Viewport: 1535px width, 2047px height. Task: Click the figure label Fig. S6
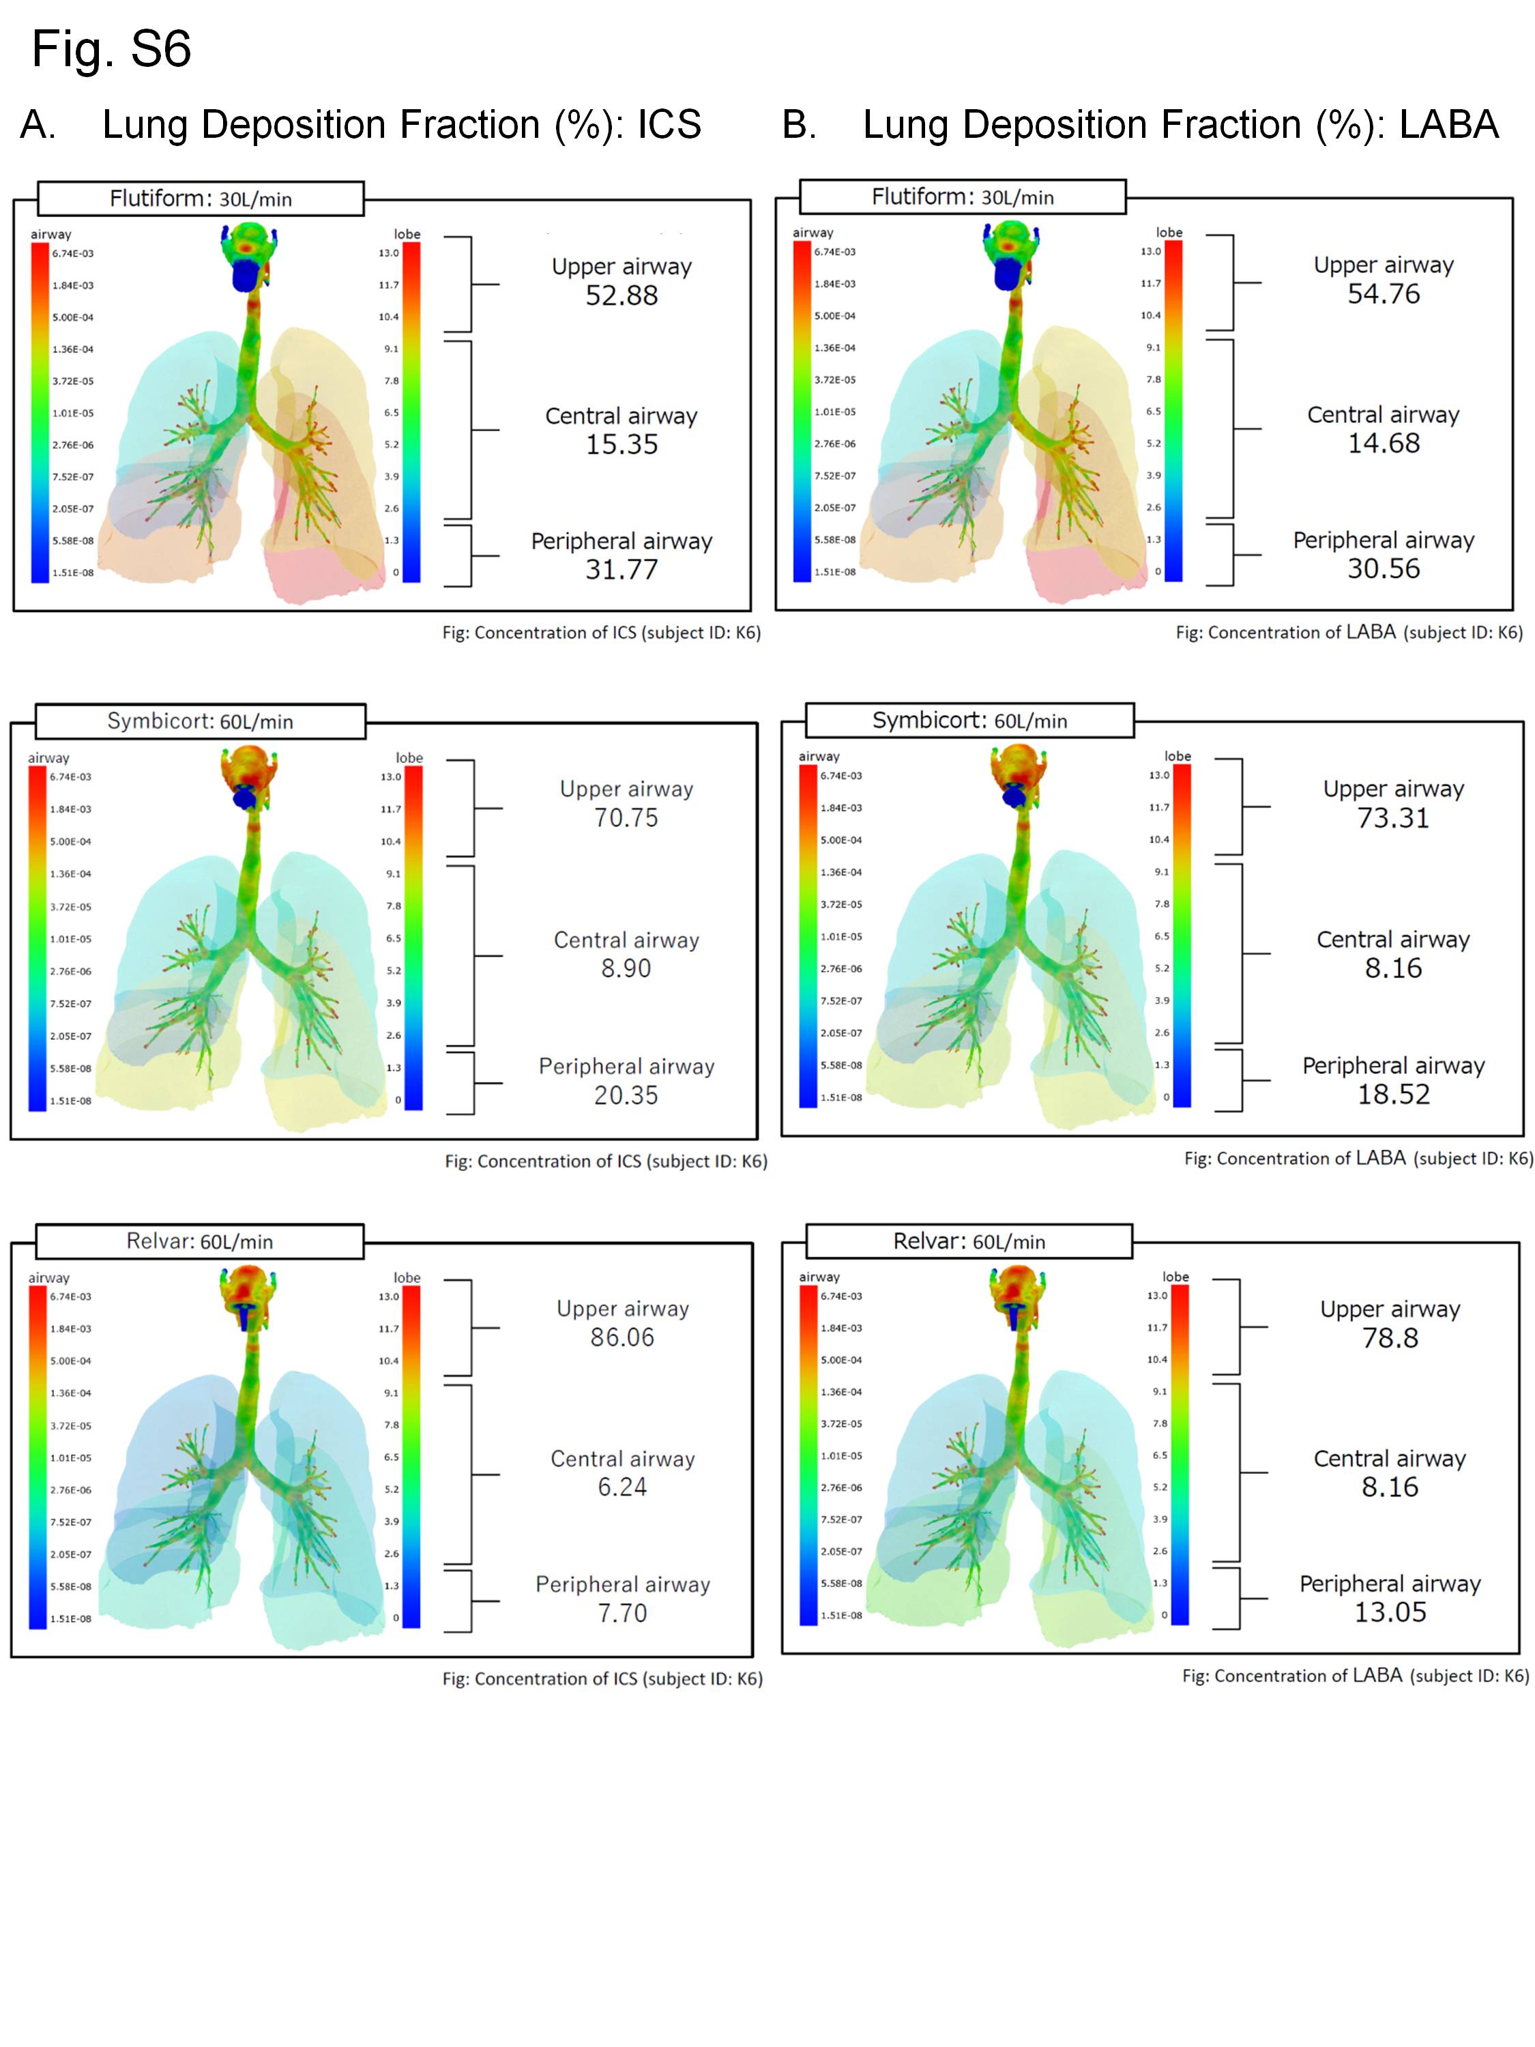pyautogui.click(x=112, y=49)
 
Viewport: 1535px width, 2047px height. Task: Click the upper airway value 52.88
pyautogui.click(x=622, y=295)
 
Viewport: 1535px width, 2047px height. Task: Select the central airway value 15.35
pyautogui.click(x=622, y=444)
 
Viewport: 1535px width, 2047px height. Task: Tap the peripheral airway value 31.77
pyautogui.click(x=622, y=569)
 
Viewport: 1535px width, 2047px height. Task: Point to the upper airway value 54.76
pyautogui.click(x=1384, y=293)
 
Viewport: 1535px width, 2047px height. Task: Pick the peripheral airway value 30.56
pyautogui.click(x=1384, y=568)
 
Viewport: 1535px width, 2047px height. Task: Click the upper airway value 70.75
pyautogui.click(x=626, y=818)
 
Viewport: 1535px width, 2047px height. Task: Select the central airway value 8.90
pyautogui.click(x=626, y=968)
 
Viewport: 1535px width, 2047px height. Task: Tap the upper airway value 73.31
pyautogui.click(x=1393, y=818)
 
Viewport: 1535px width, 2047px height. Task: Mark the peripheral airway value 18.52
pyautogui.click(x=1393, y=1094)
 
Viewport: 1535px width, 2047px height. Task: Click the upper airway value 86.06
pyautogui.click(x=623, y=1337)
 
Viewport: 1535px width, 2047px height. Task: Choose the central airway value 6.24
pyautogui.click(x=623, y=1487)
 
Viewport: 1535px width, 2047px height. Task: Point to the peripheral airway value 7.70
pyautogui.click(x=623, y=1613)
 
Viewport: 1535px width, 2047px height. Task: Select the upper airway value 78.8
pyautogui.click(x=1390, y=1338)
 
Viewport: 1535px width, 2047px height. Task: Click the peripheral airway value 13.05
pyautogui.click(x=1390, y=1612)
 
